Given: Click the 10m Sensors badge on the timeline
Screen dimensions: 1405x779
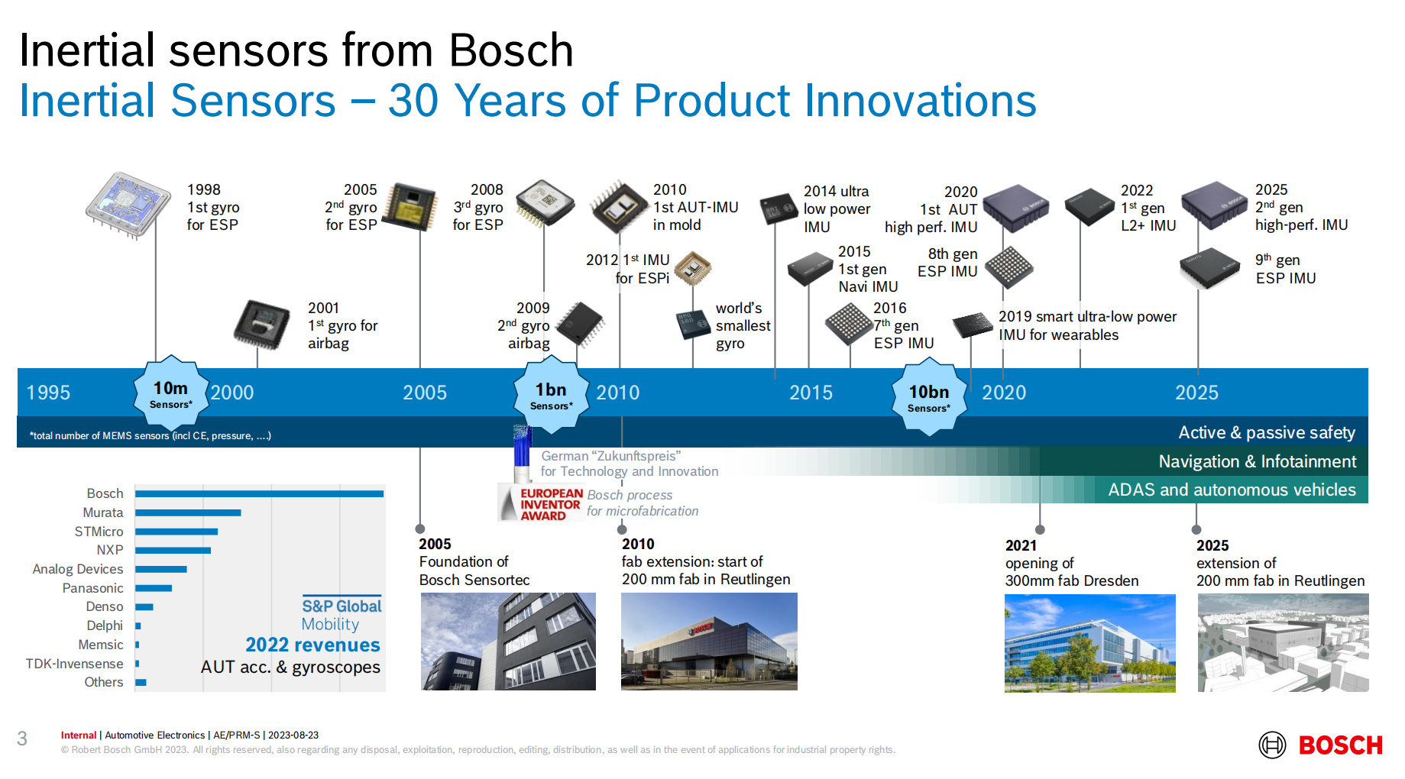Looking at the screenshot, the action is [171, 393].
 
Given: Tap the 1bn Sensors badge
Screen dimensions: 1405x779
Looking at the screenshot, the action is [551, 395].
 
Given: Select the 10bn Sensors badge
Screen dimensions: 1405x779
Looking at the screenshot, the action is [929, 397].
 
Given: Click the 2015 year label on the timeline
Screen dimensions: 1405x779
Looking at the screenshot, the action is [811, 393].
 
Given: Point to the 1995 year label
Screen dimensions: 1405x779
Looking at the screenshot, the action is [48, 393].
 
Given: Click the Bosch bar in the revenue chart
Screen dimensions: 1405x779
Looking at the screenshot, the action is [260, 493].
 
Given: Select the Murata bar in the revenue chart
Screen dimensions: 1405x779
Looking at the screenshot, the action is [188, 512].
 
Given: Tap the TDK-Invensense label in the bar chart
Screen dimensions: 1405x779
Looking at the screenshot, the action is [74, 664].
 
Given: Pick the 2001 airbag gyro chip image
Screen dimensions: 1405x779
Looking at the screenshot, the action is [261, 325].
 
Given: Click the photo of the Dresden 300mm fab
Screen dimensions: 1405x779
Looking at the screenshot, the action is [1089, 643].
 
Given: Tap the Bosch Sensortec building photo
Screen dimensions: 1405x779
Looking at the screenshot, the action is [508, 642].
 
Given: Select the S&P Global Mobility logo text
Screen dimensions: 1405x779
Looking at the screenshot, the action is [341, 615].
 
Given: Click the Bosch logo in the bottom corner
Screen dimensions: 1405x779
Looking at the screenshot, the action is [1320, 745].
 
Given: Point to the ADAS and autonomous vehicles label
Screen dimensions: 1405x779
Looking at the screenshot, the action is [1232, 490].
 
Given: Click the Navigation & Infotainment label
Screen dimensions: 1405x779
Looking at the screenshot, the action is [1258, 461].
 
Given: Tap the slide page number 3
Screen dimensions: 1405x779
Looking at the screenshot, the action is [22, 739].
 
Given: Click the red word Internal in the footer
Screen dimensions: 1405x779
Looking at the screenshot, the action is [79, 735].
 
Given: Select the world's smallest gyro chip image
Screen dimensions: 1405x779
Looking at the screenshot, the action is [693, 325].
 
